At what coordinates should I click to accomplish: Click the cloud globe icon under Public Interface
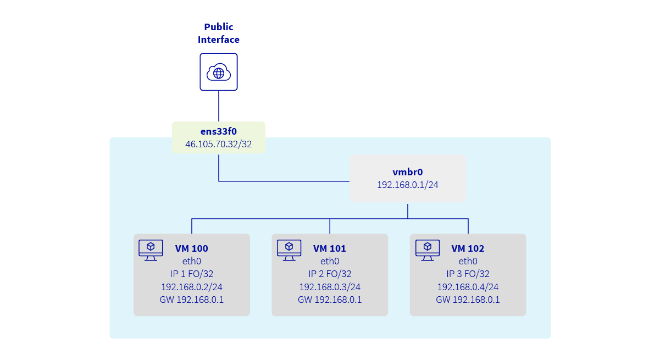[x=219, y=72]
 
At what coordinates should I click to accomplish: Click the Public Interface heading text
[x=219, y=33]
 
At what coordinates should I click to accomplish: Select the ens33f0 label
[x=219, y=132]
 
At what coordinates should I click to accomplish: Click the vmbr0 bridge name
[x=407, y=172]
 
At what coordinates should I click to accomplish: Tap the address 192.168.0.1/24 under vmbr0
[x=407, y=185]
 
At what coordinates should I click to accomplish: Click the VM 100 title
[x=191, y=248]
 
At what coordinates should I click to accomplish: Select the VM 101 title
[x=330, y=248]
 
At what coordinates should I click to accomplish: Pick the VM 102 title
[x=468, y=248]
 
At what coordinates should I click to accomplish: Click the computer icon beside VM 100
[x=151, y=250]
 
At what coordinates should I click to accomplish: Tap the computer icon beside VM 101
[x=289, y=250]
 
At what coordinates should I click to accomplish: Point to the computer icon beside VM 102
[x=427, y=250]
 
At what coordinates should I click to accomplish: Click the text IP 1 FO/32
[x=191, y=274]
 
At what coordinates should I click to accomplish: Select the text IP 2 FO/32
[x=330, y=274]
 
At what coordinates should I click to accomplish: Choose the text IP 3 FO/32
[x=468, y=274]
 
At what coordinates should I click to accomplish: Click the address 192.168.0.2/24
[x=191, y=287]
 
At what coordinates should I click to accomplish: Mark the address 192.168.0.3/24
[x=330, y=287]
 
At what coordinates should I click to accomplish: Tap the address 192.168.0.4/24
[x=468, y=287]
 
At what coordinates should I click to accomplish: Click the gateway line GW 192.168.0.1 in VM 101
[x=330, y=300]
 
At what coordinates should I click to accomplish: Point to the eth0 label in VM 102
[x=468, y=261]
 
